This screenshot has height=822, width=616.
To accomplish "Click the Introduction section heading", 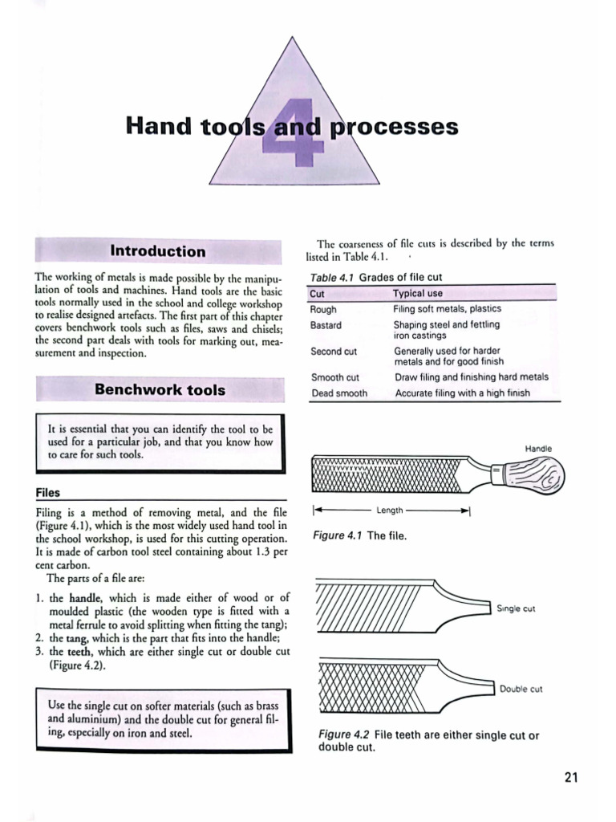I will pyautogui.click(x=157, y=251).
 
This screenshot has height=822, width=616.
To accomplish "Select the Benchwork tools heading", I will pyautogui.click(x=160, y=390).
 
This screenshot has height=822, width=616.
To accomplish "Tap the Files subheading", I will pyautogui.click(x=48, y=492).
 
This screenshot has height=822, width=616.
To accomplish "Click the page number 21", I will pyautogui.click(x=571, y=777).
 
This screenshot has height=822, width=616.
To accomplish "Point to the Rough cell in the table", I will pyautogui.click(x=323, y=309).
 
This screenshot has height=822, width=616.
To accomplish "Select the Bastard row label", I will pyautogui.click(x=326, y=325).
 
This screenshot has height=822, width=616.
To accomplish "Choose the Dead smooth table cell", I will pyautogui.click(x=338, y=393).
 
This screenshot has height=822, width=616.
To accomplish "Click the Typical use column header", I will pyautogui.click(x=417, y=294).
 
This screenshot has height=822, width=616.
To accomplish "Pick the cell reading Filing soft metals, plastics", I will pyautogui.click(x=447, y=309).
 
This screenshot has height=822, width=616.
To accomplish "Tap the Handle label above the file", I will pyautogui.click(x=538, y=448).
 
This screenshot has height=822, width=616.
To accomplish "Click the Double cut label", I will pyautogui.click(x=521, y=689).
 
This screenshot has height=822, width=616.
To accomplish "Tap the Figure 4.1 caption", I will pyautogui.click(x=359, y=535).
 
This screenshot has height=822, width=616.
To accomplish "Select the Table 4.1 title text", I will pyautogui.click(x=375, y=277).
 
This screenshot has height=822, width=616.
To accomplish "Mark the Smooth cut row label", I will pyautogui.click(x=334, y=377).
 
